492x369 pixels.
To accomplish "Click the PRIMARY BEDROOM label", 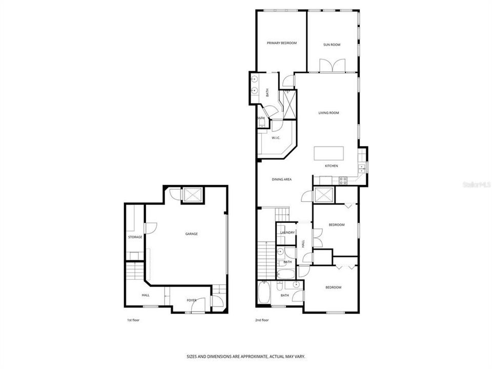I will click(x=281, y=43).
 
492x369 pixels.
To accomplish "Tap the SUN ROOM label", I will click(x=332, y=45).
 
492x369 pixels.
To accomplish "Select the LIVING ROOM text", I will click(x=329, y=113).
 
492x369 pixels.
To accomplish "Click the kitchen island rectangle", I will click(x=328, y=153).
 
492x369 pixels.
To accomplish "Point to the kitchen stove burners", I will click(x=342, y=180).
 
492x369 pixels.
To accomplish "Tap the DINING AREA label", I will click(x=281, y=179).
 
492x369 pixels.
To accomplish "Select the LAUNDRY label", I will click(x=287, y=233).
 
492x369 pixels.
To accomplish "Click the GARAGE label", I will click(x=191, y=234).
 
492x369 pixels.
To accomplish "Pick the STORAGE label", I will click(x=135, y=237).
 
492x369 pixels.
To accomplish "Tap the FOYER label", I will click(x=191, y=300).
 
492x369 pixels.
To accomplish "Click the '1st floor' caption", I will click(x=133, y=320).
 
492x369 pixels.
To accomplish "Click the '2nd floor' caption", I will click(x=262, y=320).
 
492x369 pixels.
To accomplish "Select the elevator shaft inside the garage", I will click(x=192, y=195).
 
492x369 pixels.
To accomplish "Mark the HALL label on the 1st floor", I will click(x=146, y=295).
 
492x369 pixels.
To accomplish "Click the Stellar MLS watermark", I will click(x=476, y=182).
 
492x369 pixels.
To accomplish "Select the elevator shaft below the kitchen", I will click(x=323, y=195).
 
